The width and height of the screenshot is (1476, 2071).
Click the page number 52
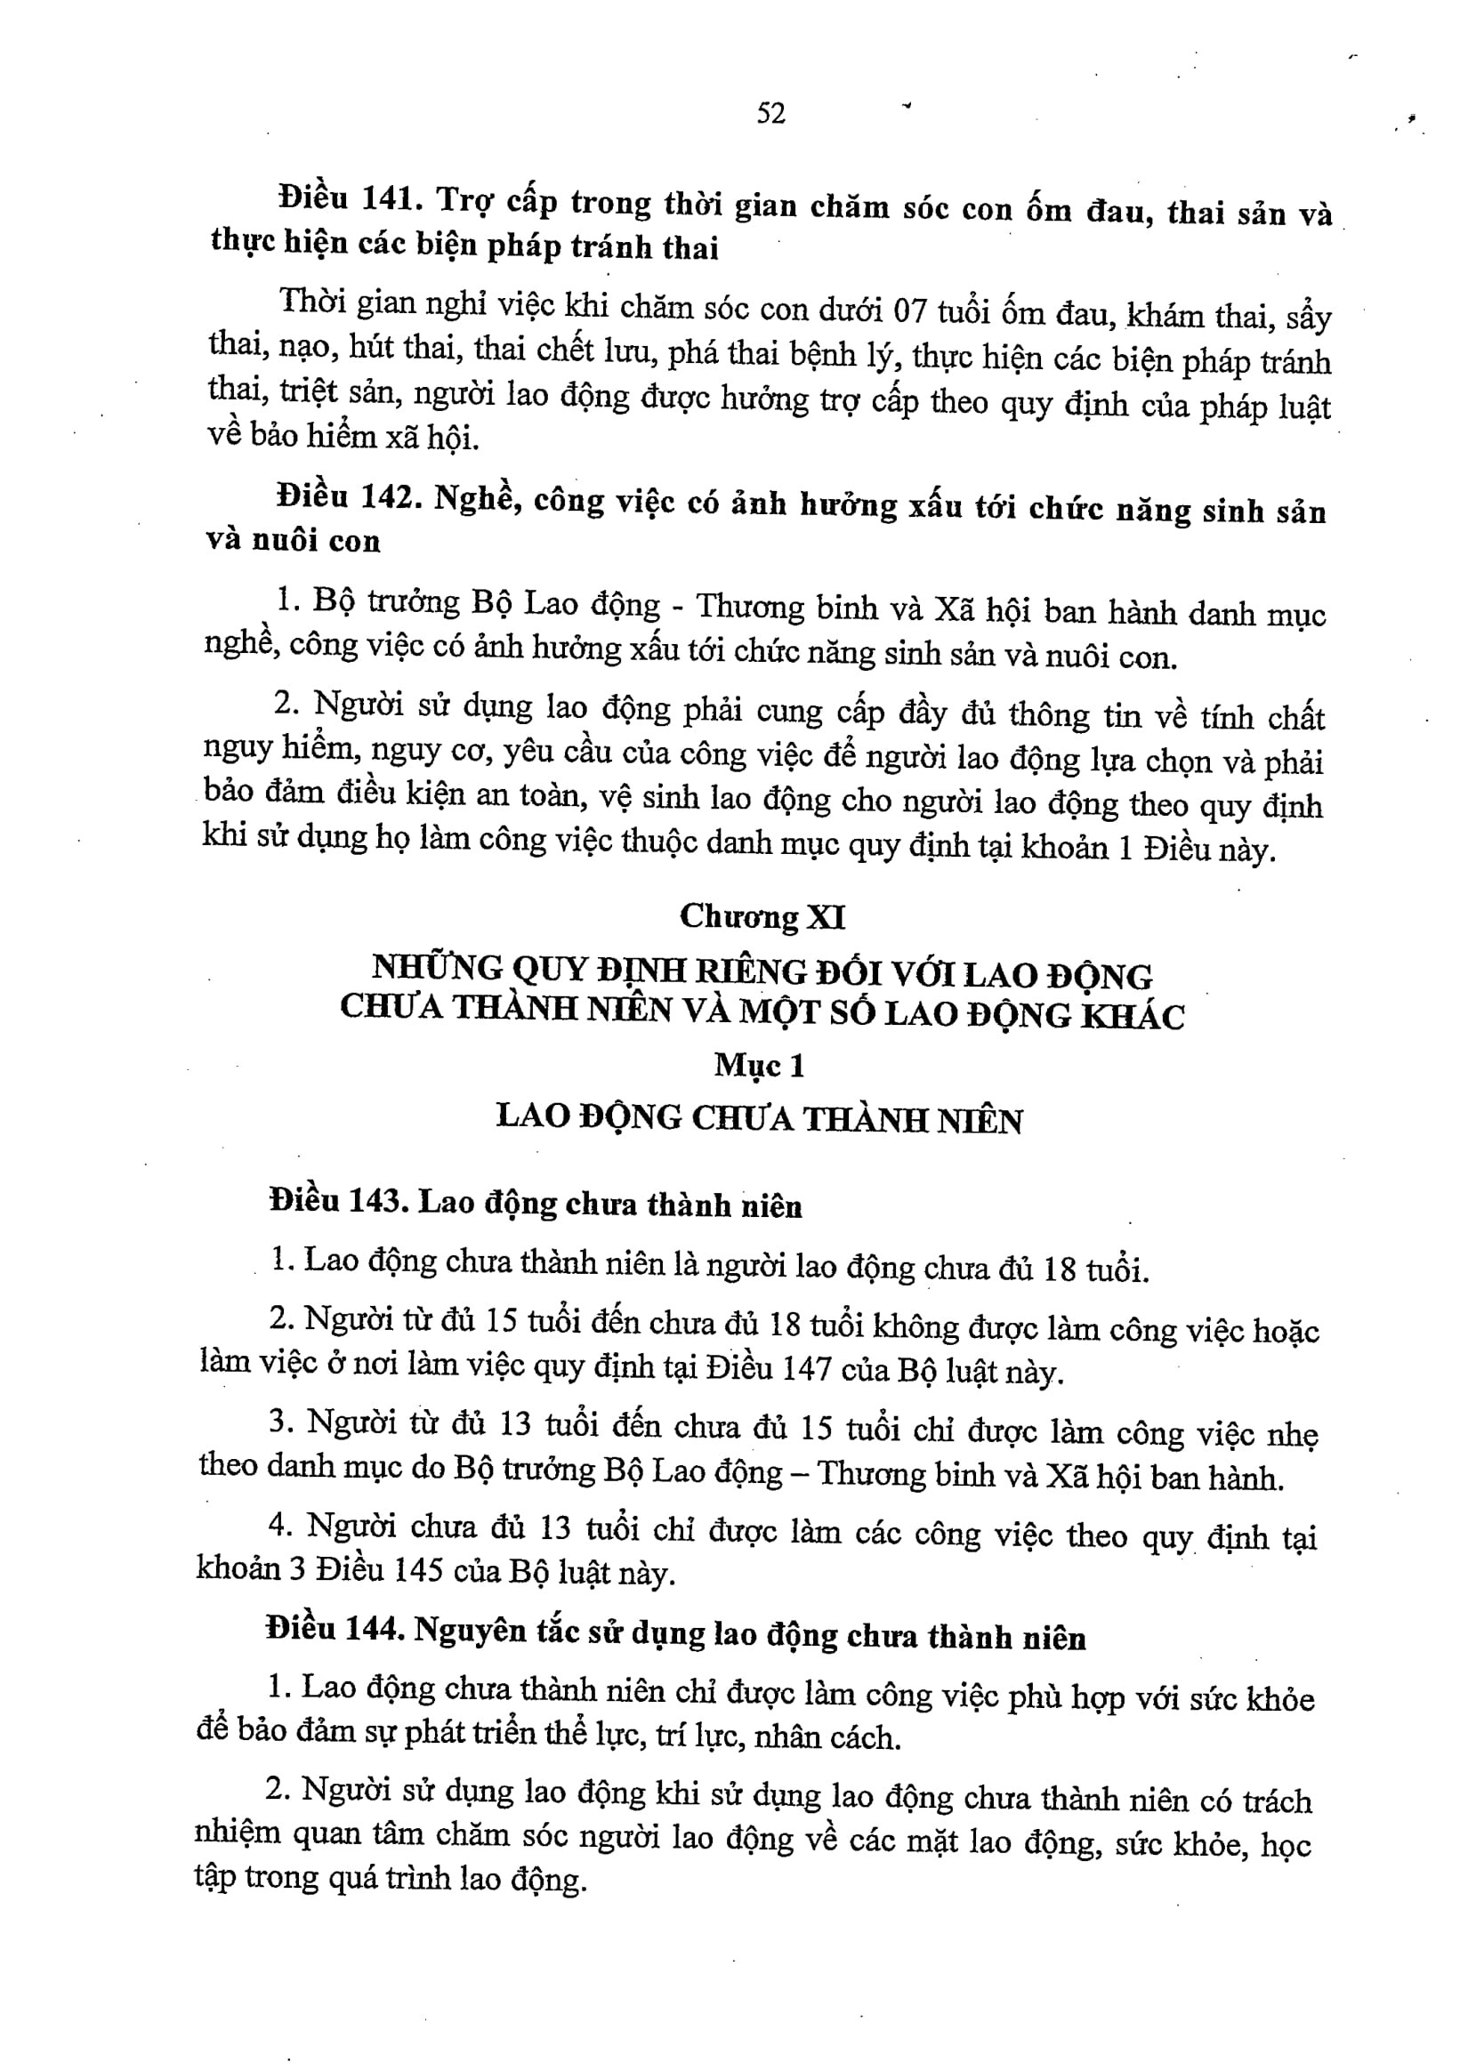tap(770, 114)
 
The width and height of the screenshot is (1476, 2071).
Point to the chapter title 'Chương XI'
tap(762, 916)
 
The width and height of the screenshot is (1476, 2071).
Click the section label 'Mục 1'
tap(759, 1065)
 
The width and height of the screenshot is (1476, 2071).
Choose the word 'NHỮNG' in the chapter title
tap(437, 967)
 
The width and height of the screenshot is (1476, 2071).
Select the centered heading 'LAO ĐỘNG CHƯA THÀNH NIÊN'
tap(759, 1118)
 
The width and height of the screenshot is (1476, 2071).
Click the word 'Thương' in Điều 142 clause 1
tap(750, 606)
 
